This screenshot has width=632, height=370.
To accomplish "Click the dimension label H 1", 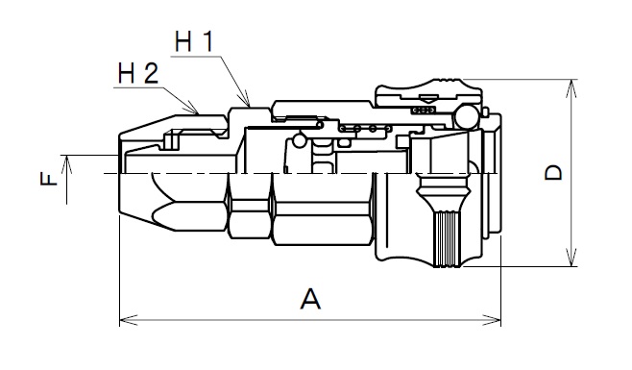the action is pos(194,41).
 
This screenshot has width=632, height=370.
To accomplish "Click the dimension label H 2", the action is pos(138,73).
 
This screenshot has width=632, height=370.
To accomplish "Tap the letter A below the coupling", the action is pos(310,299).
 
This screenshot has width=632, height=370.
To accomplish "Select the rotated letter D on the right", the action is pos(553,173).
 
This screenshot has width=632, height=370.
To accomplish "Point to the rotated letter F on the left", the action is pos(49,179).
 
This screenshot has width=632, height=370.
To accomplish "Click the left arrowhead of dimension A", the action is pos(129,320).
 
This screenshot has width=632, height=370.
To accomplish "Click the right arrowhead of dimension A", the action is pos(492,320).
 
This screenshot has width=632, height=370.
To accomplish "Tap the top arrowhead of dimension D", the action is pos(571,88).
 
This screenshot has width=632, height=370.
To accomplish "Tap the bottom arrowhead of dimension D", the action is pos(571,258).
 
